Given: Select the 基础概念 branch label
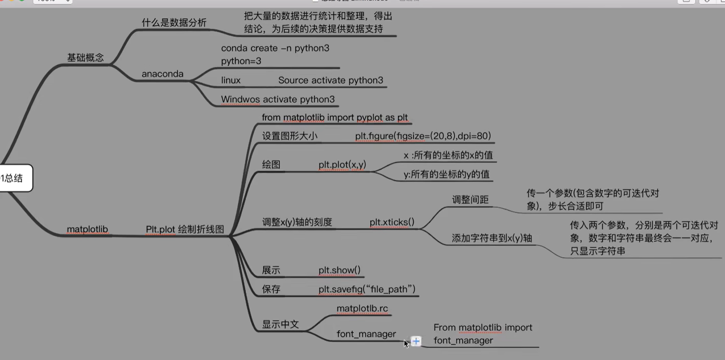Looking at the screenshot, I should [85, 58].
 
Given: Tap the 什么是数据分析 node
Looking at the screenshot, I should [174, 23].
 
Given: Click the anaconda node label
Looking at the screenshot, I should [162, 74].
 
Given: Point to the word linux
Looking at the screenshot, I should [231, 80].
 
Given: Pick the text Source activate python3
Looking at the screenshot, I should [330, 80].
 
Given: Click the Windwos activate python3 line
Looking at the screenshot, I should [277, 100].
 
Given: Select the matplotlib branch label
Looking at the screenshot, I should [87, 229].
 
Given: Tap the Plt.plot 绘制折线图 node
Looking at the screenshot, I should [185, 229].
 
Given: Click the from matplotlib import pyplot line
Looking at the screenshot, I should [334, 118].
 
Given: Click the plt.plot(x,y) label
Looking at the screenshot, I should [342, 165].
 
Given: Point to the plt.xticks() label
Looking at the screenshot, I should [392, 222].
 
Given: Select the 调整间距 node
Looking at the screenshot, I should [470, 199].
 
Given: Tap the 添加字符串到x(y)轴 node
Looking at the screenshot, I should [492, 238].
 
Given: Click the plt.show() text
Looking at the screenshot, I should [339, 271].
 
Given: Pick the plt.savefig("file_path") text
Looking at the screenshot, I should [367, 289].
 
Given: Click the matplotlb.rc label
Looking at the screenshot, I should [362, 309].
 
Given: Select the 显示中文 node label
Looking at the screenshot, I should [280, 324].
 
